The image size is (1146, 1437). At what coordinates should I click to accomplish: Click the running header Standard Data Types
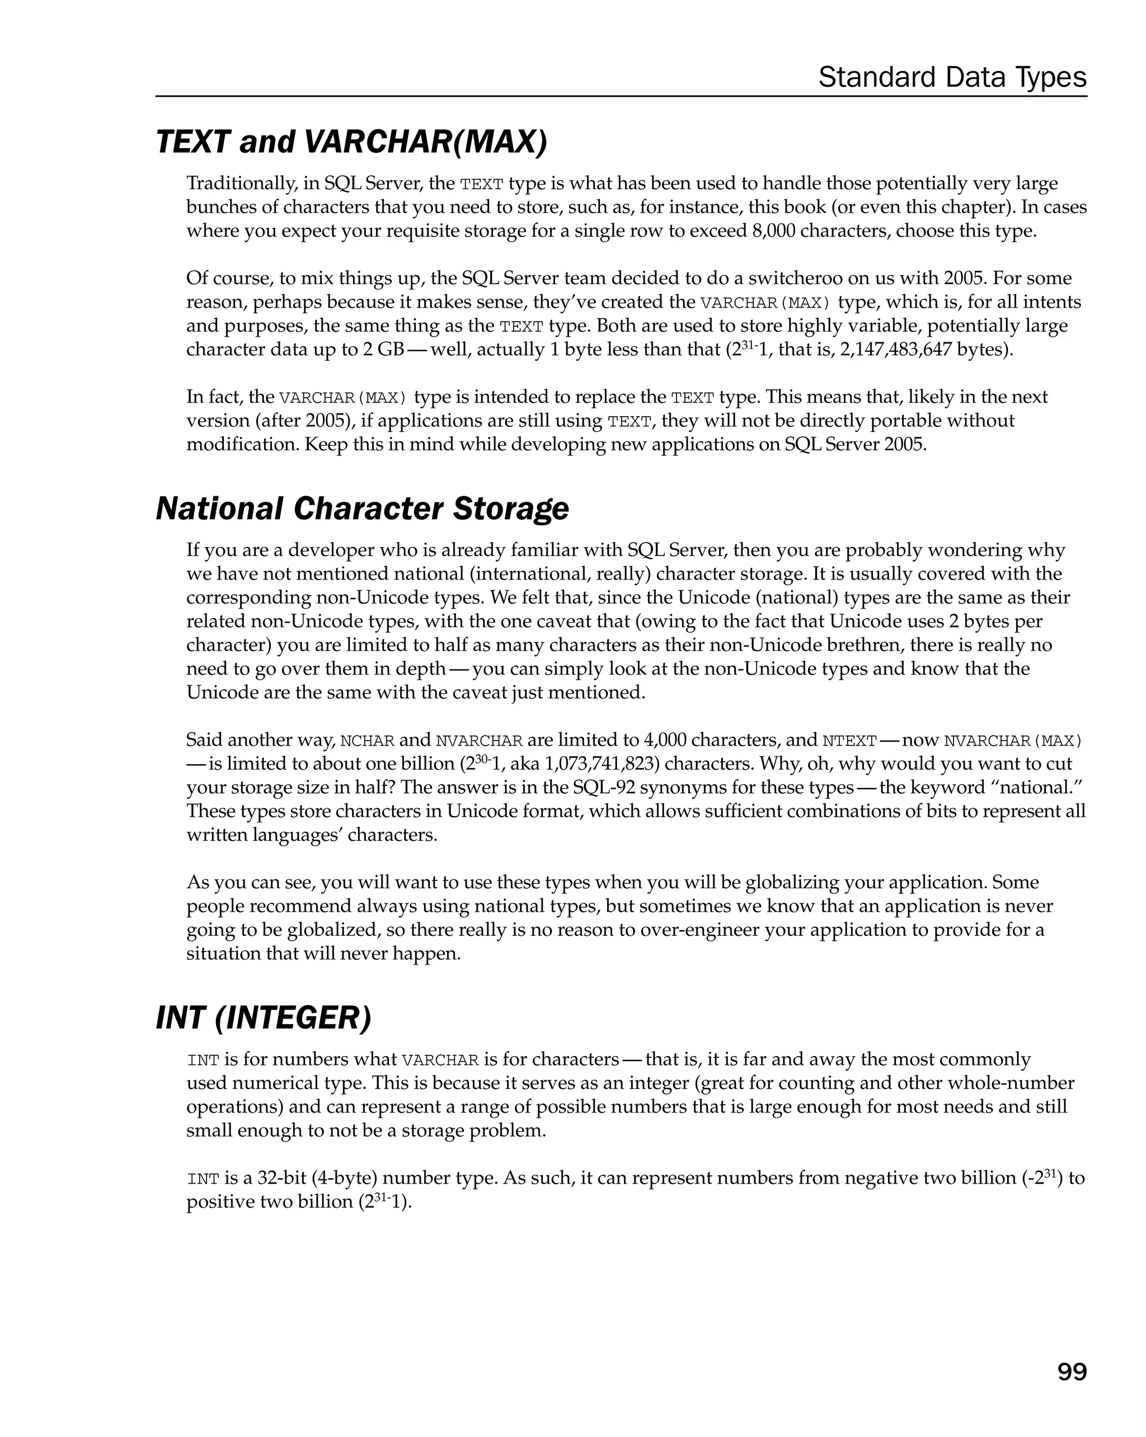pyautogui.click(x=952, y=77)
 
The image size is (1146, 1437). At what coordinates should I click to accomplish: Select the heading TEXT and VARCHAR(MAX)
pyautogui.click(x=351, y=142)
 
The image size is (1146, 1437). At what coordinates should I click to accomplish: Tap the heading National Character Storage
pyautogui.click(x=362, y=508)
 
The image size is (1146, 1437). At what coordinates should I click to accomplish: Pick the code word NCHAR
pyautogui.click(x=367, y=741)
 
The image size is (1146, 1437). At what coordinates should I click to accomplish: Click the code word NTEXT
pyautogui.click(x=849, y=741)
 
